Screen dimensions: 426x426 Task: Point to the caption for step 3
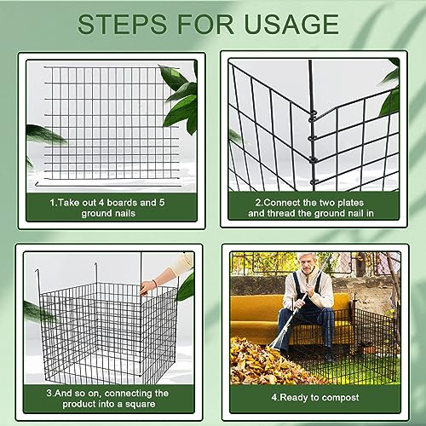[107, 400]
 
